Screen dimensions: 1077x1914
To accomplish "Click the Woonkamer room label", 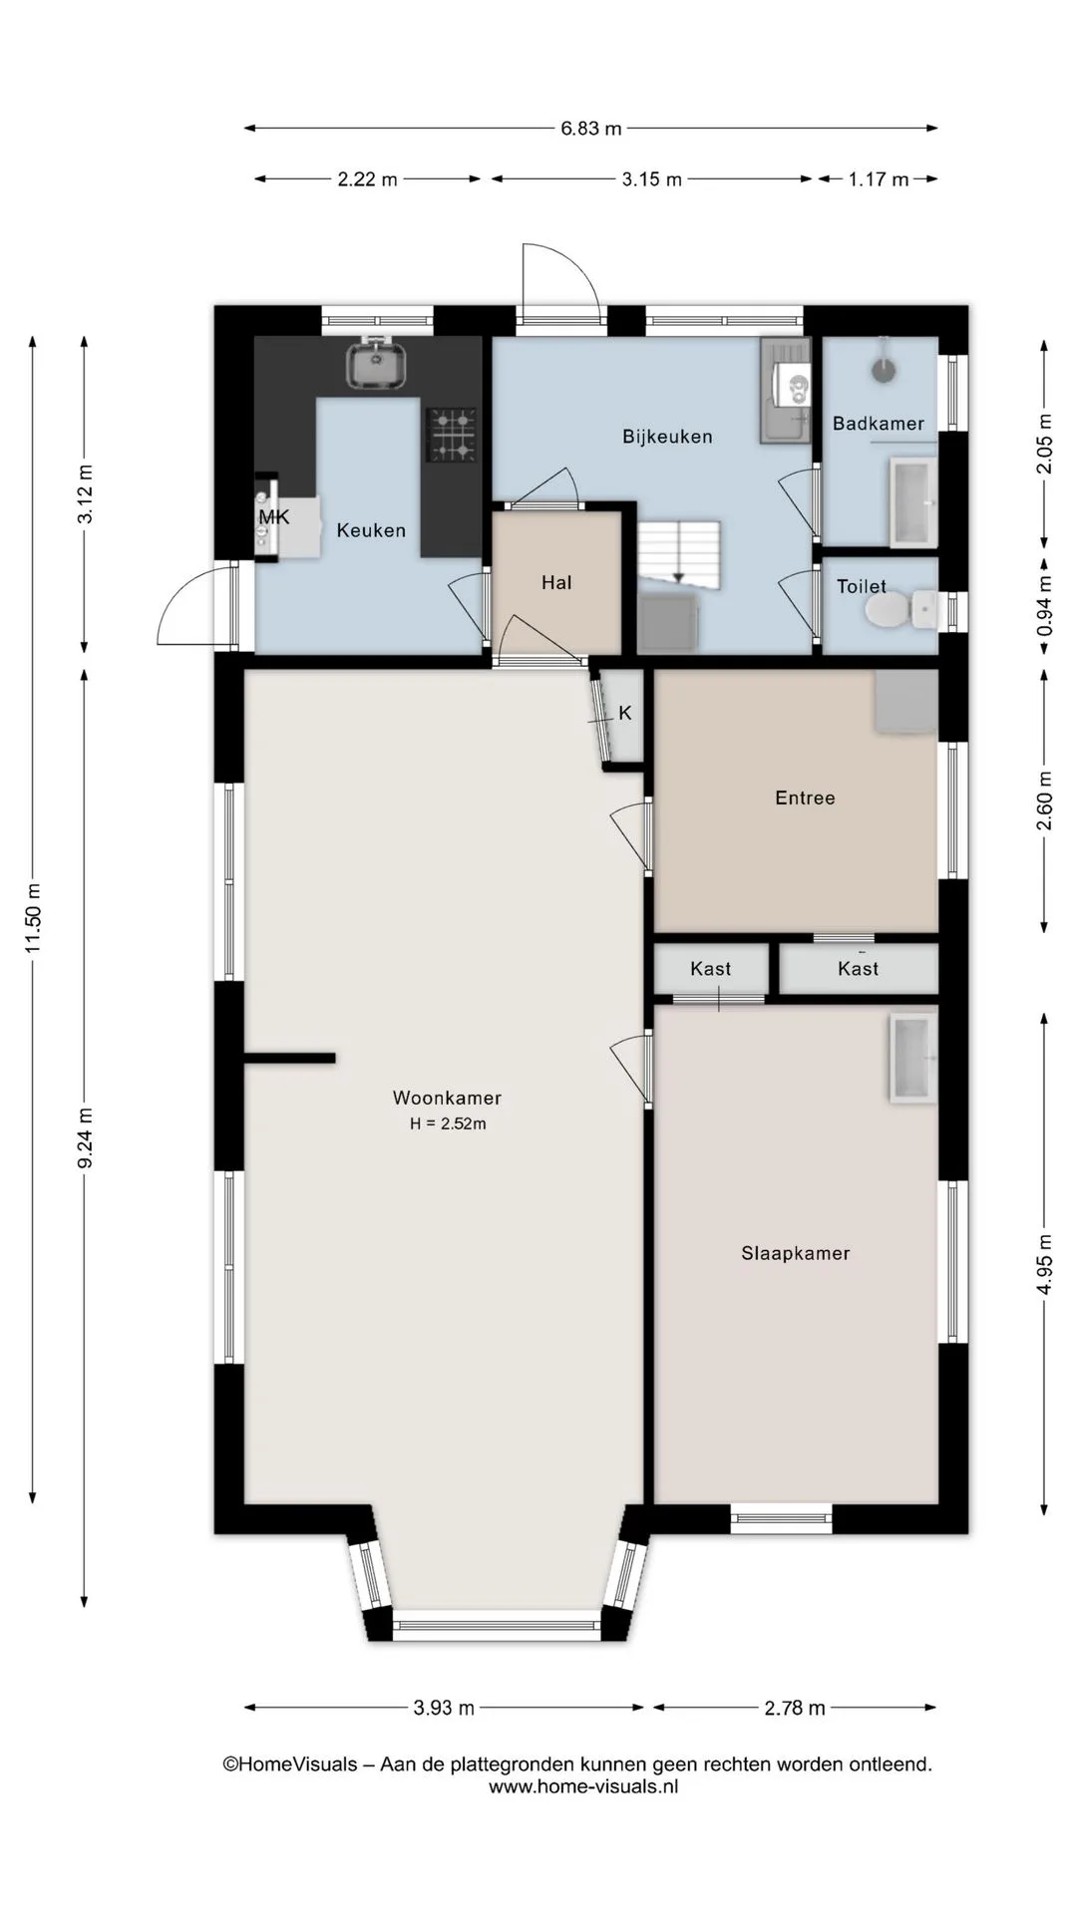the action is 447,1098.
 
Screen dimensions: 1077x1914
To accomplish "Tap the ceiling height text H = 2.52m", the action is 448,1123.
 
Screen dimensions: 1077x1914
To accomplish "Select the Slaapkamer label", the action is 796,1253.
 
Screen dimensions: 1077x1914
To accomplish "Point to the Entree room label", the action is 805,797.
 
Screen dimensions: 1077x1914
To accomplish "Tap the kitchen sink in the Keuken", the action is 377,365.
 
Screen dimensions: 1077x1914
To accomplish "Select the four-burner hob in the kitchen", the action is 452,435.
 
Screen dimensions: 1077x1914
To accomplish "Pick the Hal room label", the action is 556,583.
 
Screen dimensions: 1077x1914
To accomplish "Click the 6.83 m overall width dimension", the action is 591,128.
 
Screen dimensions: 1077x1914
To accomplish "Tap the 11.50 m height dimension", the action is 33,917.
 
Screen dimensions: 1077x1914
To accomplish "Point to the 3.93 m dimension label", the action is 444,1708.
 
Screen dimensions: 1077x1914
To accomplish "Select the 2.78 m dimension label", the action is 795,1708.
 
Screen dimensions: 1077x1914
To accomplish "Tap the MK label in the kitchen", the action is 273,516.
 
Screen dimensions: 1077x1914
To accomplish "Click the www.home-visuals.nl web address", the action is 583,1786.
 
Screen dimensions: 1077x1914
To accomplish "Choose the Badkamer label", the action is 879,424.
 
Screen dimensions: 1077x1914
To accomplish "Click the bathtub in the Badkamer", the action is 913,503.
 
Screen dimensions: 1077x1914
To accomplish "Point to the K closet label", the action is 625,713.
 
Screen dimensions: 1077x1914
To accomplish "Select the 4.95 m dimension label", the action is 1044,1264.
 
